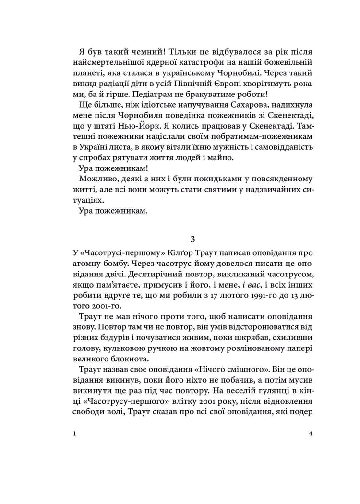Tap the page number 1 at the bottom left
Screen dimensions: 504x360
pyautogui.click(x=75, y=433)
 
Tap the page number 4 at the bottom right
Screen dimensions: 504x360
pyautogui.click(x=311, y=433)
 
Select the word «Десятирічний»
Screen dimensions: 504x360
pyautogui.click(x=118, y=276)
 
